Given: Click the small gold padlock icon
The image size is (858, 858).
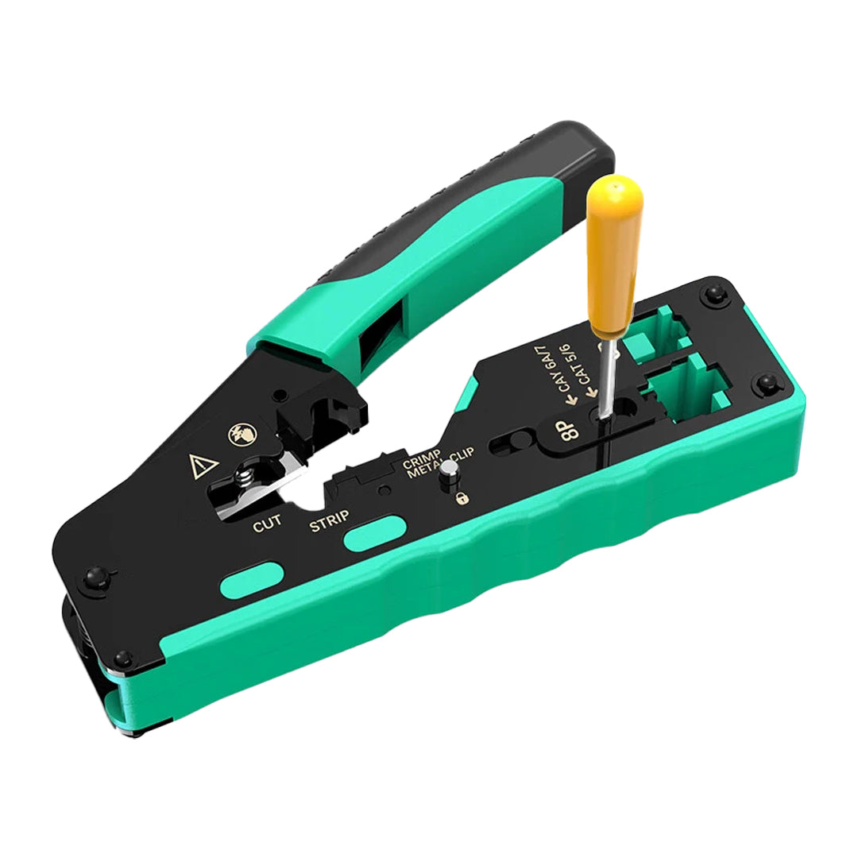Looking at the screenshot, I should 461,499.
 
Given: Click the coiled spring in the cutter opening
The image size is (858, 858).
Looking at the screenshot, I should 242,480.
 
